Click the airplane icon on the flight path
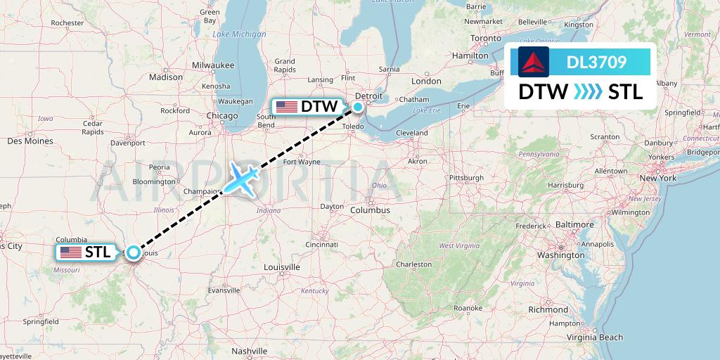point(240,180)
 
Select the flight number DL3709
point(596,63)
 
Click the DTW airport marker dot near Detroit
point(358,107)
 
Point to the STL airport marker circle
point(133,251)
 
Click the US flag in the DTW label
point(286,107)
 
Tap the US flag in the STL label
point(70,252)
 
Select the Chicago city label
point(222,115)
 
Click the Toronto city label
point(489,37)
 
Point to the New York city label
point(657,179)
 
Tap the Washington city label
point(560,255)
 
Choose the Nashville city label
point(250,350)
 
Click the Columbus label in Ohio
point(371,210)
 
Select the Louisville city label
point(281,267)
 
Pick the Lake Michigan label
point(240,34)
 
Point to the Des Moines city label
point(30,141)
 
